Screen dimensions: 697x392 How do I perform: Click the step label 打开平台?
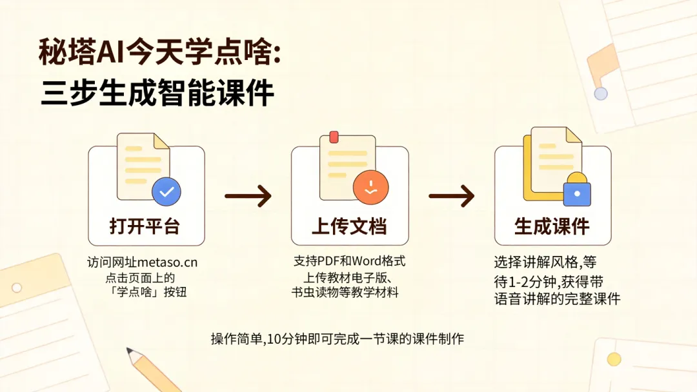pos(145,227)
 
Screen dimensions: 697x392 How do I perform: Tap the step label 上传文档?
pos(349,227)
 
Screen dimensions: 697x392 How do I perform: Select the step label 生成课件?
pos(552,227)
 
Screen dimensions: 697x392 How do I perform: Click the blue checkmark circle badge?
pos(167,191)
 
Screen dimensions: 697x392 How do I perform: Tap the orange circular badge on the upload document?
pos(370,187)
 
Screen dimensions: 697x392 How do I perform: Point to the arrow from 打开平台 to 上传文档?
pos(248,195)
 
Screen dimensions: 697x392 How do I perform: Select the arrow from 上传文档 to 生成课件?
pos(452,195)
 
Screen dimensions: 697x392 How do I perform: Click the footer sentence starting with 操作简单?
pos(338,339)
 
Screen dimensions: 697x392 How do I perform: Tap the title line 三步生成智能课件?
pos(158,94)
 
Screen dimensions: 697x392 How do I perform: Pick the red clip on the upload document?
pos(334,136)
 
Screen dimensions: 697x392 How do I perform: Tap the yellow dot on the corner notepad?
pos(614,359)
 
